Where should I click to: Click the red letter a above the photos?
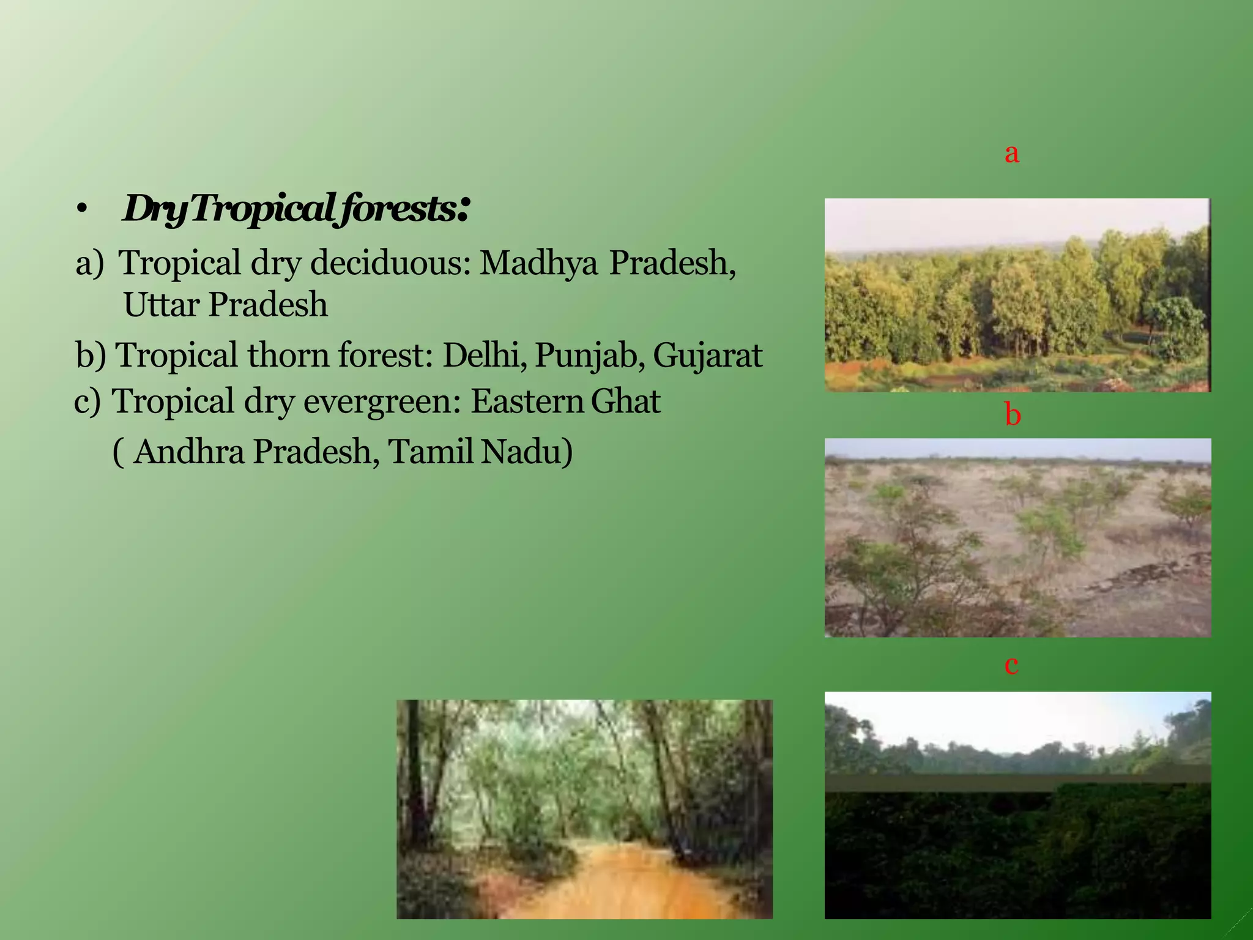[1012, 153]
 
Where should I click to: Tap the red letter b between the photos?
[1013, 415]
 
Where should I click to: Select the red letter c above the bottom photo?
[1011, 665]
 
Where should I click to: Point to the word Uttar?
[161, 305]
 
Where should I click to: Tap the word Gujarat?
[707, 356]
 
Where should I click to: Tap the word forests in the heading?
[398, 209]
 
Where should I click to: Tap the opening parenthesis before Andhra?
[119, 453]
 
